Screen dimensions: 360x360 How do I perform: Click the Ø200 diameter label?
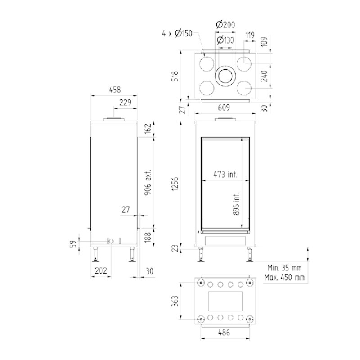(x=225, y=24)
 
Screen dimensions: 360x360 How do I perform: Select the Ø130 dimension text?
(x=225, y=40)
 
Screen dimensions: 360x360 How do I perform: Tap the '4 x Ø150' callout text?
(x=177, y=33)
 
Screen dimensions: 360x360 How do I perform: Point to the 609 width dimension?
(x=224, y=108)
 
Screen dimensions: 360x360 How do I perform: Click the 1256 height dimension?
(x=175, y=184)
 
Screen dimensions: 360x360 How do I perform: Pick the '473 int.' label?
(x=225, y=175)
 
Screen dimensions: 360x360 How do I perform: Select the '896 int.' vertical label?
(x=236, y=204)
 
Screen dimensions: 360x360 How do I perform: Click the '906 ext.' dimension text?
(x=148, y=183)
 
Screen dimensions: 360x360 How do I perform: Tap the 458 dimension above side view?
(x=115, y=90)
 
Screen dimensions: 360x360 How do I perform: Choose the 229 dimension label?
(x=125, y=103)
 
